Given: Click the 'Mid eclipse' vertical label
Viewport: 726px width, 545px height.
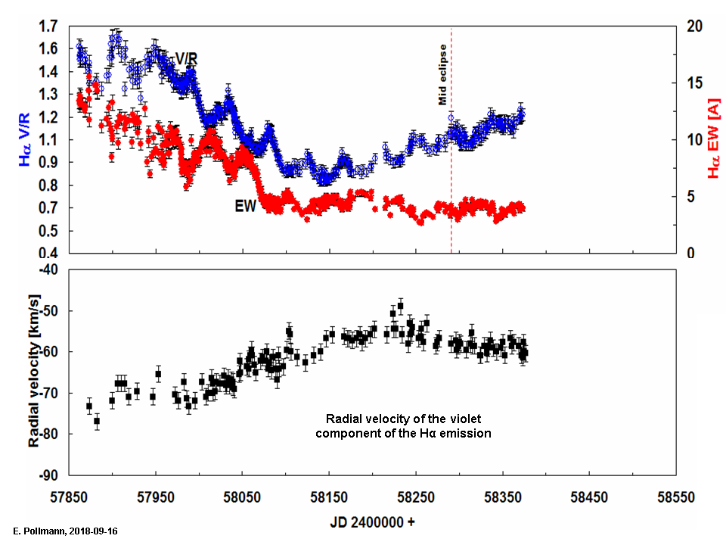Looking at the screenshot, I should (x=443, y=73).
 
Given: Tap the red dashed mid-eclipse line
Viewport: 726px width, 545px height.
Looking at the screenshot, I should (x=451, y=189).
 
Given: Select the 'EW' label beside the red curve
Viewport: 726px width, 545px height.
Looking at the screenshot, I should (x=245, y=206).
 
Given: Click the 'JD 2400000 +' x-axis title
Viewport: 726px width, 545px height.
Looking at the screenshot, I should (x=372, y=522).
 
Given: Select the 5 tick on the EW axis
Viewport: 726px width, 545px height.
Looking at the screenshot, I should (x=690, y=197).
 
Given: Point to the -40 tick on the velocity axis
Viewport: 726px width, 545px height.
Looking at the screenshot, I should (x=46, y=269).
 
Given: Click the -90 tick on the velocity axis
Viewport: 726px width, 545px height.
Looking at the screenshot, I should (x=46, y=475).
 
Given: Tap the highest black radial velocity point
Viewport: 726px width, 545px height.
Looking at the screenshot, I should (x=400, y=306).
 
